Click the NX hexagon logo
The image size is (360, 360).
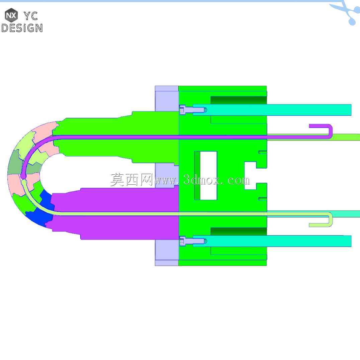[11, 15]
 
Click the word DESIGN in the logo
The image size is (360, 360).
[22, 28]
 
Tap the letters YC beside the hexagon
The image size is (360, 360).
[31, 16]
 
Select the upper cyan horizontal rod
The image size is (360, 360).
[272, 110]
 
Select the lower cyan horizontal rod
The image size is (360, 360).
[272, 241]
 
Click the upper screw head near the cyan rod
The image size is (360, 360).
[182, 110]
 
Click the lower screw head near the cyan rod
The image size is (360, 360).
[182, 241]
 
